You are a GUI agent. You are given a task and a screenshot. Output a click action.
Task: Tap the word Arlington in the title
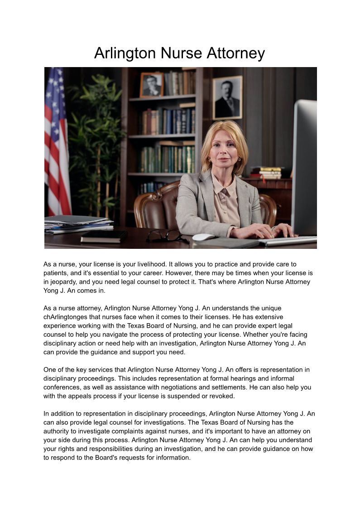point(125,53)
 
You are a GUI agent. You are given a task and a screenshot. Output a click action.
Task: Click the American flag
point(56,141)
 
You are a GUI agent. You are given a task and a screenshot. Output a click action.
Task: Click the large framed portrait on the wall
point(227,97)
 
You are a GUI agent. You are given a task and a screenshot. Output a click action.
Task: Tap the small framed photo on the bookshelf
point(151,85)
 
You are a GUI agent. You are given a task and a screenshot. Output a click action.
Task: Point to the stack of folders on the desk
point(77,224)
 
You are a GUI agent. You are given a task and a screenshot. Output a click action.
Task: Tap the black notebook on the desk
point(104,236)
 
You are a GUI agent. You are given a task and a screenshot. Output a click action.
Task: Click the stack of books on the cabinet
point(266,173)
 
